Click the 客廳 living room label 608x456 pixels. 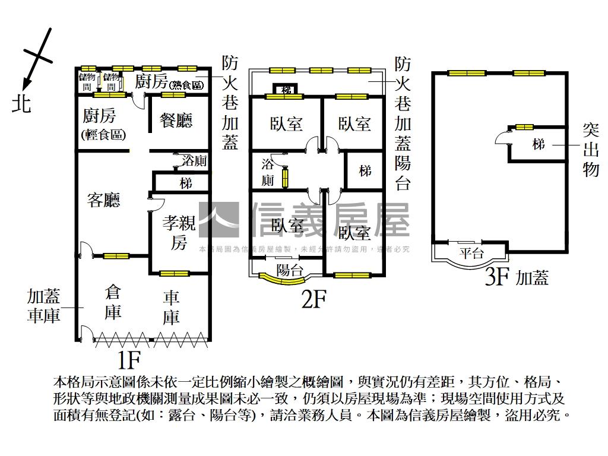[103, 200]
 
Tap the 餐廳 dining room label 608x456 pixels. [176, 121]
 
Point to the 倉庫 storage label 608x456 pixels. [113, 302]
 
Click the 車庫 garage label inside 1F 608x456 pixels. [171, 307]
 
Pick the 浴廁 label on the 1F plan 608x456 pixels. [194, 161]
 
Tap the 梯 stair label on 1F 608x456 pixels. [186, 183]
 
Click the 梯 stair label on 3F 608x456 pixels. [539, 144]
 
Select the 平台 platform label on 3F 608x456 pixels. [472, 254]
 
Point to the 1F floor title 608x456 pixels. [128, 359]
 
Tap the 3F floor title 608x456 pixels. [498, 277]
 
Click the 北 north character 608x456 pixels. [22, 104]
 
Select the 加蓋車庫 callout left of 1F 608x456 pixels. [43, 305]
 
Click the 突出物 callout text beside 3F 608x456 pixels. [591, 150]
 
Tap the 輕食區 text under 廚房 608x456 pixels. [103, 135]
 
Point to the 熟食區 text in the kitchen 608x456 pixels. [186, 85]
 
